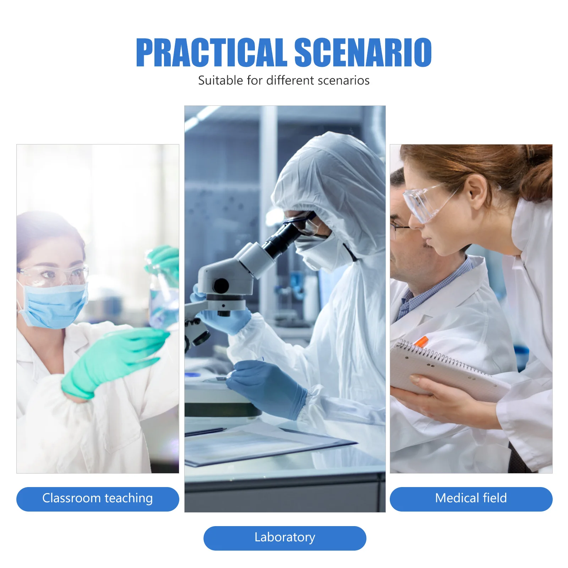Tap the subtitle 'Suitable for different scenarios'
coord(284,81)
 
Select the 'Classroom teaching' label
coord(98,499)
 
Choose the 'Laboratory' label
coord(285,538)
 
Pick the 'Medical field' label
coord(471,499)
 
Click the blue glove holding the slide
coord(268,389)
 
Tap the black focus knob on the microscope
coord(221,286)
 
